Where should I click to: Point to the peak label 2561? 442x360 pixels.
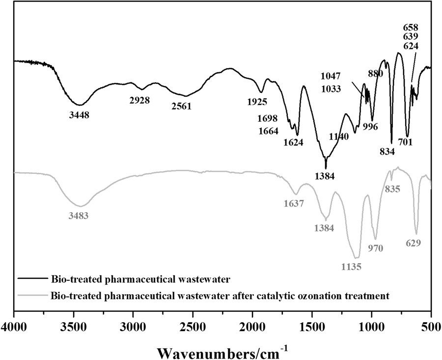click(181, 106)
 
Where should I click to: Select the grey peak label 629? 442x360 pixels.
click(413, 243)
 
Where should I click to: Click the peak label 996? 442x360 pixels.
click(370, 126)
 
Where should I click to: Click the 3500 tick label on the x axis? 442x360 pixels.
click(74, 326)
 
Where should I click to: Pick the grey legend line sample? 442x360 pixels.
click(33, 296)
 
